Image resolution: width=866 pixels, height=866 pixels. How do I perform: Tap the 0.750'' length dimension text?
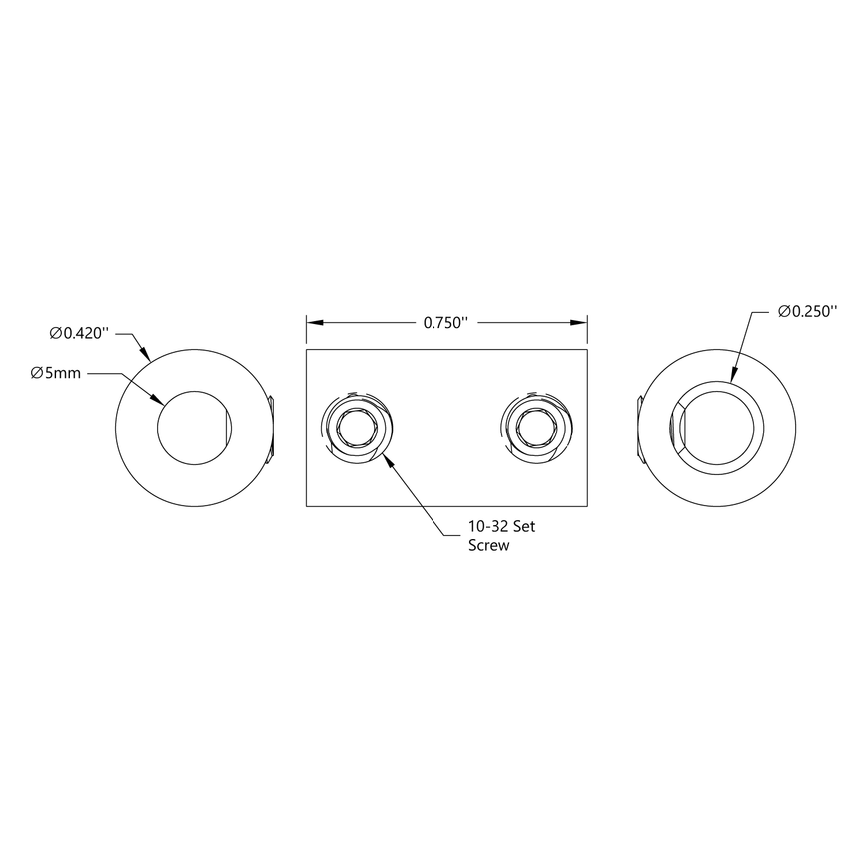pyautogui.click(x=445, y=322)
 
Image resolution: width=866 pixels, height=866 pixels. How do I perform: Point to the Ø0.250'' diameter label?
pyautogui.click(x=806, y=312)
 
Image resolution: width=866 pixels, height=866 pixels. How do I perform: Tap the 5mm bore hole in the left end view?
pyautogui.click(x=194, y=428)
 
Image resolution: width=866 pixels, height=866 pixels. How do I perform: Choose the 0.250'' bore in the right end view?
pyautogui.click(x=721, y=428)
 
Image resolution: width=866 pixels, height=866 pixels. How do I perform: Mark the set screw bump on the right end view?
pyautogui.click(x=639, y=429)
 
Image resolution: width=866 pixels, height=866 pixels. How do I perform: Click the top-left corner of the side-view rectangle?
pyautogui.click(x=306, y=350)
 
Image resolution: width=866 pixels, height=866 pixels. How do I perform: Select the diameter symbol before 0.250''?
pyautogui.click(x=784, y=312)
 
